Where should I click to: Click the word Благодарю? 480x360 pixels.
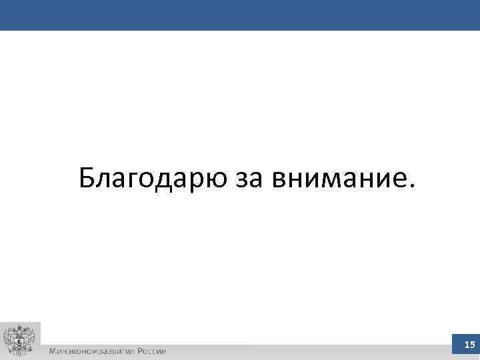click(x=153, y=178)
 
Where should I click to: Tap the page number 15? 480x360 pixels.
click(x=469, y=345)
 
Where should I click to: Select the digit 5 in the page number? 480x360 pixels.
click(x=472, y=345)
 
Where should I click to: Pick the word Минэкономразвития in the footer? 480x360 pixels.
click(x=90, y=351)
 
